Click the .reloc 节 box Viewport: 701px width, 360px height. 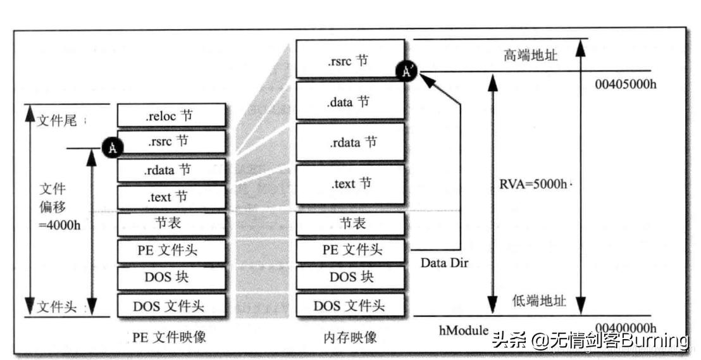coord(171,115)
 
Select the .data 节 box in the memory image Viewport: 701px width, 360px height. coord(350,101)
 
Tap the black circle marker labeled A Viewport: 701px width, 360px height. coord(112,148)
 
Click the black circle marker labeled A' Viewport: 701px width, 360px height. coord(406,71)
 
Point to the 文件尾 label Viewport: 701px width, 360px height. coord(57,120)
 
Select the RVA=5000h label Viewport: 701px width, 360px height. coord(531,184)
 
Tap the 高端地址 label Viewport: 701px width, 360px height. coord(530,55)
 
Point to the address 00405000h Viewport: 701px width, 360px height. coord(626,84)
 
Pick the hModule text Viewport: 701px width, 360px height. coord(464,330)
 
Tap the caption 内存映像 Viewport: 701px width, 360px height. coord(350,337)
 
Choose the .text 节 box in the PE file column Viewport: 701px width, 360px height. coord(171,197)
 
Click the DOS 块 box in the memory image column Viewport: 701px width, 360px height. coord(350,277)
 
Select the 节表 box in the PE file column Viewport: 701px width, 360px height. coord(171,224)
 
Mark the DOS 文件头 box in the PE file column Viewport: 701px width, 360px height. coord(171,306)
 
